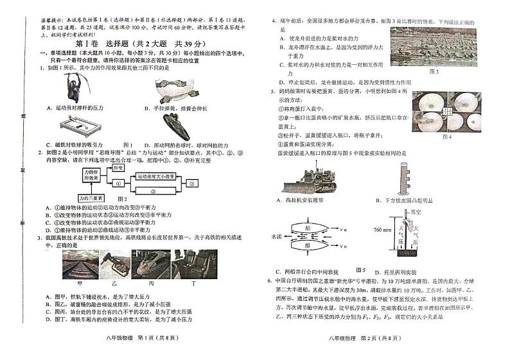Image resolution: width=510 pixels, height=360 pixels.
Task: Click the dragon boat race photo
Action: [433, 46]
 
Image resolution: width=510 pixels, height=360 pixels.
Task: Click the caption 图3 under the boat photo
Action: [434, 71]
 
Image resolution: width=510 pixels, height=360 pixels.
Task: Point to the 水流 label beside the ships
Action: [277, 236]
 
